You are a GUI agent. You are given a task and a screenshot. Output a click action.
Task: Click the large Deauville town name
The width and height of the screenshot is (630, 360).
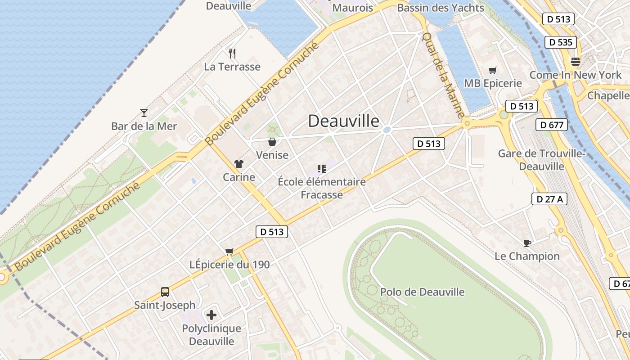pos(344,121)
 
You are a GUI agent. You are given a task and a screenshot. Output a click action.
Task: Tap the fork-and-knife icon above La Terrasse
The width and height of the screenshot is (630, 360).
pos(232,54)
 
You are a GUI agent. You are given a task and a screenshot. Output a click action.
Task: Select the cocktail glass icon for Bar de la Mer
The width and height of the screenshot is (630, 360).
pos(144,112)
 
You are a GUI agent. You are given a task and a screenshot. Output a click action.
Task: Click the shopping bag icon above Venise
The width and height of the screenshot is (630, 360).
pos(272,142)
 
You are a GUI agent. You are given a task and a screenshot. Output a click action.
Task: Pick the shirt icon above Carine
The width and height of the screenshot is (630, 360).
pos(238,164)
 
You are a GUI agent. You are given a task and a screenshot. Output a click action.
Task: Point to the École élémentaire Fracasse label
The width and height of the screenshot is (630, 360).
pos(322,188)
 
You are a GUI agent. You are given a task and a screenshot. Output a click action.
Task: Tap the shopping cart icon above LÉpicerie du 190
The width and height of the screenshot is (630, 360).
pos(229,251)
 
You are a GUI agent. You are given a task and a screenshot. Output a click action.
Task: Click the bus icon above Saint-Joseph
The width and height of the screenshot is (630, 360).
pos(165,292)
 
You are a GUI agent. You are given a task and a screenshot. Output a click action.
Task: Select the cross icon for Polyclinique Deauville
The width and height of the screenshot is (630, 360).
pos(211,315)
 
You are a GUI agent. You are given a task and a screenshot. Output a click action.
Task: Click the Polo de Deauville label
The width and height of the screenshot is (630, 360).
pos(422,292)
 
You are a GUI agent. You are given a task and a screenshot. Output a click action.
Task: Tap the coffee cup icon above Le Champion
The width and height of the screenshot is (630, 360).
pos(527,243)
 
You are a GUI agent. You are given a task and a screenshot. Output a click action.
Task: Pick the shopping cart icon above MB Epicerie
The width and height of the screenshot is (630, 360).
pos(493,70)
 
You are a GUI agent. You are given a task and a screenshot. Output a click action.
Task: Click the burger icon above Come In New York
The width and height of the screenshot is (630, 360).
pos(576,62)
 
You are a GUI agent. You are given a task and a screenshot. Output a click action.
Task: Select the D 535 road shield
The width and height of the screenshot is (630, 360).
pos(561,42)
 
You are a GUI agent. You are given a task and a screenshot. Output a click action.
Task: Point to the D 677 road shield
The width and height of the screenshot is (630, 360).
pos(552,125)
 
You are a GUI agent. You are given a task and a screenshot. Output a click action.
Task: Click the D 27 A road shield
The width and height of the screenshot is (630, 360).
pos(549,199)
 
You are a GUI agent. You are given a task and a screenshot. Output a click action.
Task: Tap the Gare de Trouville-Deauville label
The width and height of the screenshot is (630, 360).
pos(541,160)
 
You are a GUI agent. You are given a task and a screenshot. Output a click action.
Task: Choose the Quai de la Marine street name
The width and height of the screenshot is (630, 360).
pos(443,75)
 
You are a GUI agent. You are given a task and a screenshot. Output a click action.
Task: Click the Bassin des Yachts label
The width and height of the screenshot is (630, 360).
pos(440,8)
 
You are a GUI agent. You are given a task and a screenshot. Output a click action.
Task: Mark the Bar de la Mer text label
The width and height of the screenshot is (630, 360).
pos(144,126)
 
